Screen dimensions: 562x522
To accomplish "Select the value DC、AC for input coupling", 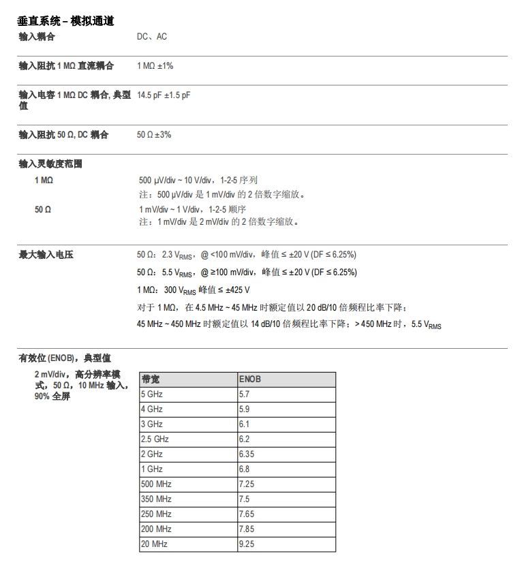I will pyautogui.click(x=152, y=37).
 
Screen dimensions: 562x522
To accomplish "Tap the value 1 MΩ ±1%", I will pyautogui.click(x=155, y=66).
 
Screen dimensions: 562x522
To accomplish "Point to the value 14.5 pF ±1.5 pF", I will pyautogui.click(x=164, y=95).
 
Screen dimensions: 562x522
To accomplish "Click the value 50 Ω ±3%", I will pyautogui.click(x=154, y=135).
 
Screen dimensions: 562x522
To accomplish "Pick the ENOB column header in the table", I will pyautogui.click(x=250, y=379).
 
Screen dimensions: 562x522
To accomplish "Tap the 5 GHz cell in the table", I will pyautogui.click(x=152, y=394).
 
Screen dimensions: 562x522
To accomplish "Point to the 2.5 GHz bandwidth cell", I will pyautogui.click(x=155, y=439).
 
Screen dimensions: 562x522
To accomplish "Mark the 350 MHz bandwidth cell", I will pyautogui.click(x=156, y=499).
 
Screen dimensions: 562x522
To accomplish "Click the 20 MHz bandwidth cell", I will pyautogui.click(x=154, y=544).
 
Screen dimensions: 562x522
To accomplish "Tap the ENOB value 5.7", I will pyautogui.click(x=244, y=394).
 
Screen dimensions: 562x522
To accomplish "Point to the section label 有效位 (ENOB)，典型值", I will pyautogui.click(x=65, y=358).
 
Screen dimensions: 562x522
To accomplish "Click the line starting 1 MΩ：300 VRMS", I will pyautogui.click(x=203, y=290).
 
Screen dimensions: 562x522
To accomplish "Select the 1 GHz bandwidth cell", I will pyautogui.click(x=152, y=469).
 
